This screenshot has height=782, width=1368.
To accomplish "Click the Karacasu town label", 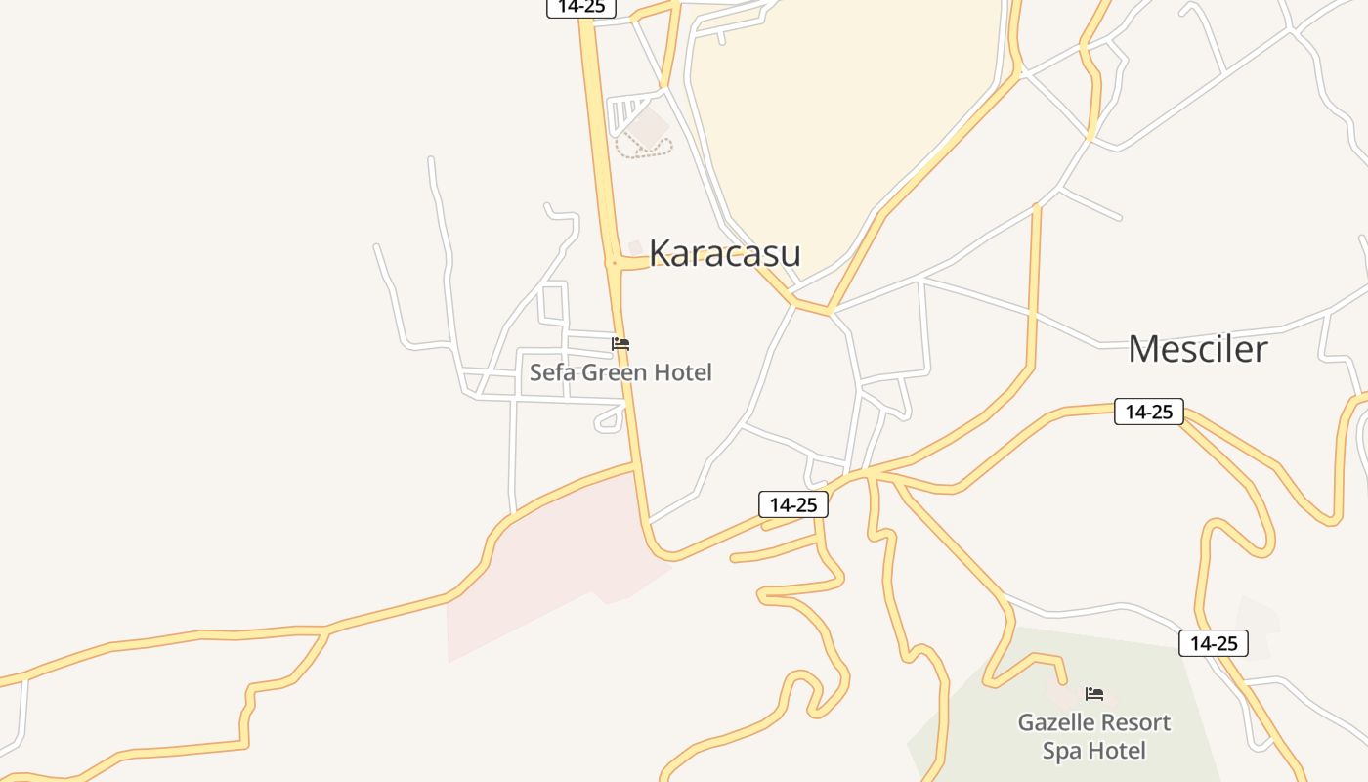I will [x=724, y=252].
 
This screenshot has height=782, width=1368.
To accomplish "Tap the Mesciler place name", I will [x=1197, y=349].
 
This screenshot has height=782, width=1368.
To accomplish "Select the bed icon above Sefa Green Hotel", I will [x=620, y=344].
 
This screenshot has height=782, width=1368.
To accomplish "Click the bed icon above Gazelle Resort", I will [x=1094, y=694].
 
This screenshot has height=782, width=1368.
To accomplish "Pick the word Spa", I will [x=1060, y=751].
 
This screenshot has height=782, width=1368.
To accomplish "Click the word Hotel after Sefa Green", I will [x=683, y=372].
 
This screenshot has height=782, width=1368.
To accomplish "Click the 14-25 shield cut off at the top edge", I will [x=581, y=7].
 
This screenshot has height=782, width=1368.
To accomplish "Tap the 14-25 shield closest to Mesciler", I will [x=1148, y=412].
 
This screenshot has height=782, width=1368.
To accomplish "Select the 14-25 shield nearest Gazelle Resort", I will [x=1214, y=643].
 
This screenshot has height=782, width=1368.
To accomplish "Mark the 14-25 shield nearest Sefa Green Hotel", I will [x=793, y=504].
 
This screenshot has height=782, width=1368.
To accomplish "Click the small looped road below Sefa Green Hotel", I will [x=610, y=420].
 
